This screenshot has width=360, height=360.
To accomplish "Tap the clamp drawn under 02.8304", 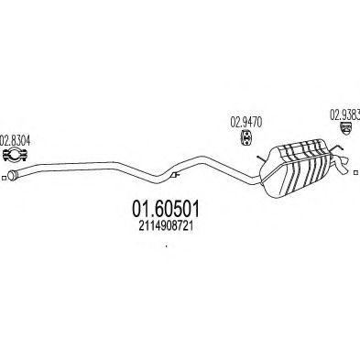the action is pyautogui.click(x=16, y=153).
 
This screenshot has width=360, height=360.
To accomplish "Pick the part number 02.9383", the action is pyautogui.click(x=344, y=115).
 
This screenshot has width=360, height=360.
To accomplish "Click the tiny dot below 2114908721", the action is pyautogui.click(x=165, y=245).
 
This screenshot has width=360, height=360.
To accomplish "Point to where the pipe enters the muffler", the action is pyautogui.click(x=261, y=166).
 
